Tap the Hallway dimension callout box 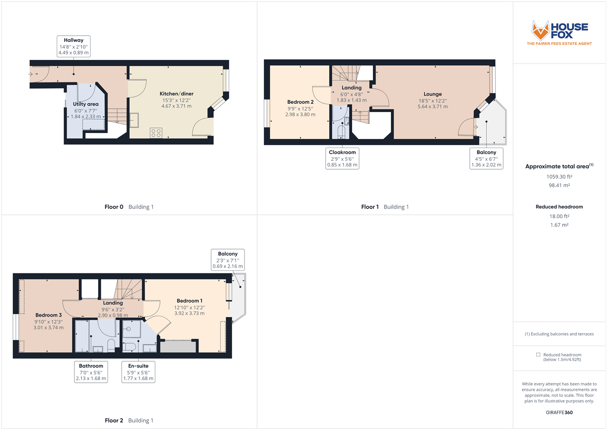click(x=73, y=46)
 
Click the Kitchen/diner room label click(x=177, y=94)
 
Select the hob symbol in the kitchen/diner click(x=156, y=133)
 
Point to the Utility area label click(x=86, y=104)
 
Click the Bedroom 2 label click(x=300, y=102)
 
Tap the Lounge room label click(x=432, y=95)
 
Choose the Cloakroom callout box click(x=342, y=158)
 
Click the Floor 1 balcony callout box click(x=486, y=158)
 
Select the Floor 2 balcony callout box click(x=228, y=260)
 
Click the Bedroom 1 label click(x=189, y=301)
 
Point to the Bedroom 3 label click(x=49, y=315)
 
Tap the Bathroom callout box click(x=91, y=372)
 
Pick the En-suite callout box click(x=138, y=372)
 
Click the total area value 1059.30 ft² click(x=559, y=177)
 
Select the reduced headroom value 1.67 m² click(x=559, y=225)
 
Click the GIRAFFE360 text click(x=559, y=412)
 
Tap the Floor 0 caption click(x=113, y=207)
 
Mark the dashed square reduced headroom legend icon click(x=538, y=355)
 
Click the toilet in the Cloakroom click(x=341, y=132)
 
